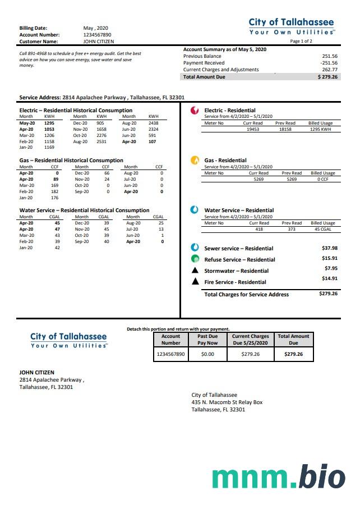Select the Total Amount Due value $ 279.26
click(x=327, y=77)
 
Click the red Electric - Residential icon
click(x=195, y=111)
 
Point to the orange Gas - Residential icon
click(x=195, y=160)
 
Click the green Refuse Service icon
click(x=195, y=259)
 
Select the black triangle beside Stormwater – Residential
click(x=195, y=271)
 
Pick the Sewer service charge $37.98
click(x=330, y=248)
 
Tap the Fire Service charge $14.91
click(x=330, y=278)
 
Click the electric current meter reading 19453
click(x=253, y=129)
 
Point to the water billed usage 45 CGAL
click(x=322, y=229)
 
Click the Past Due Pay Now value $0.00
click(x=207, y=354)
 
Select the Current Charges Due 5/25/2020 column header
click(x=251, y=340)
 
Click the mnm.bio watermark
click(x=278, y=477)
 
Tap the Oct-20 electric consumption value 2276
click(x=101, y=135)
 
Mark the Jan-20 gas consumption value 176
click(x=54, y=198)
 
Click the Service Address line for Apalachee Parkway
click(x=101, y=97)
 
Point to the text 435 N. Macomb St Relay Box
click(x=227, y=402)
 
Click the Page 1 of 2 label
click(x=301, y=42)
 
